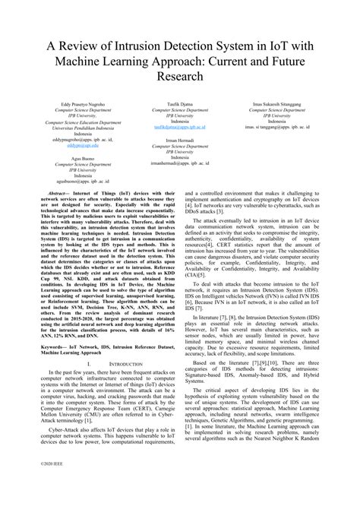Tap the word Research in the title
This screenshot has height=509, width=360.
(180, 77)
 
